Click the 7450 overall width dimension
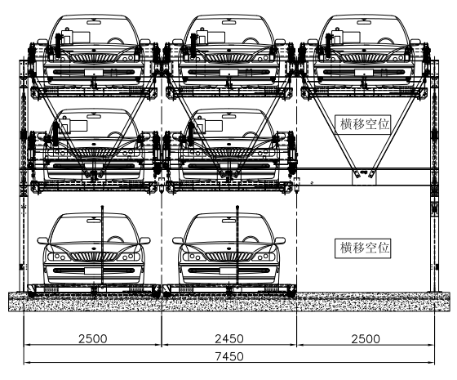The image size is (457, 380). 229,356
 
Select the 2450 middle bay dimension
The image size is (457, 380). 229,339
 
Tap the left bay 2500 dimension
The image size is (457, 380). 93,339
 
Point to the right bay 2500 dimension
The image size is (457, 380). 366,339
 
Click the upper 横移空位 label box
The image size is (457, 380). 363,124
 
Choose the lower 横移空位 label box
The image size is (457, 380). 363,248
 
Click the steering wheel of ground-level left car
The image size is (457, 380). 116,239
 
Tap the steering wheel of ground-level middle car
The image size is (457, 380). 251,239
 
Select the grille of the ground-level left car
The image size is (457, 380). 94,257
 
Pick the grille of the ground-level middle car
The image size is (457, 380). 228,257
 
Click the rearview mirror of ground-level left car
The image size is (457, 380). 94,221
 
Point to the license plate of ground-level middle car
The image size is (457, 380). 229,270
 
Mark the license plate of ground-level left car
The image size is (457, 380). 94,270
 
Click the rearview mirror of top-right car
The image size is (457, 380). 364,22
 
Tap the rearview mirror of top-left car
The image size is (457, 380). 94,22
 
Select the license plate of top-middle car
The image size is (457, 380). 229,73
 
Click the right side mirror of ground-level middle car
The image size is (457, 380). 280,241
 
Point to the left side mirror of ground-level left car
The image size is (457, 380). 42,241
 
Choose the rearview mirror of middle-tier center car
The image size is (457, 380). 229,116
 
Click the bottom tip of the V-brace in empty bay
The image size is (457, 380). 363,172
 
